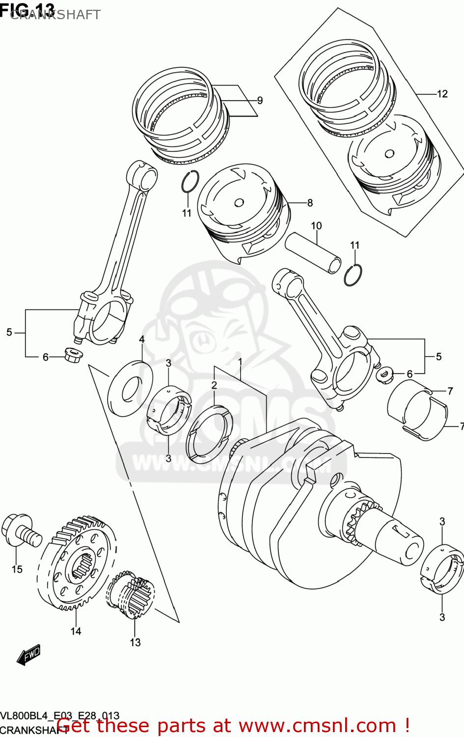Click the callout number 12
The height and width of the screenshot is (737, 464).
tap(442, 94)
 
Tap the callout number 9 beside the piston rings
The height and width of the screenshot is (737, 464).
tap(260, 100)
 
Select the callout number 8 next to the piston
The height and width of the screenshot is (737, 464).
tap(310, 202)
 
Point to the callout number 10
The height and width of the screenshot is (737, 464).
tap(316, 226)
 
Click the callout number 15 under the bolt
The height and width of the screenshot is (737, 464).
tap(17, 569)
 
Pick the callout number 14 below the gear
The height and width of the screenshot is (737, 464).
tap(76, 631)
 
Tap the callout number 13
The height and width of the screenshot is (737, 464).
tap(135, 642)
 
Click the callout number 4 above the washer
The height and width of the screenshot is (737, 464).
tap(142, 339)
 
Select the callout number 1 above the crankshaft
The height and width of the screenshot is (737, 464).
tap(241, 362)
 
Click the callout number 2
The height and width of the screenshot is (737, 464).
tap(214, 385)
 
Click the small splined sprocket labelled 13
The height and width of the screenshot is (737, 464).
tap(131, 595)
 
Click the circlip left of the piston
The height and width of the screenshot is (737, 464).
tap(190, 182)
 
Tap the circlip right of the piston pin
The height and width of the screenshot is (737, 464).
tap(353, 275)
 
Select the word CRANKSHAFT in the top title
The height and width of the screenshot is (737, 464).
tap(55, 15)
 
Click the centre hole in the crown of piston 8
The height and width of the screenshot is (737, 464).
tap(239, 202)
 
